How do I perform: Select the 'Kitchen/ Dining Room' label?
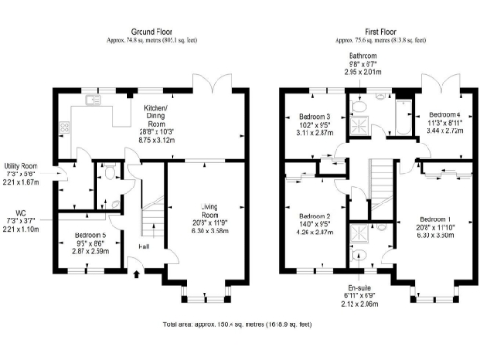pos(155,117)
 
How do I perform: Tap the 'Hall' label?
pos(143,247)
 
